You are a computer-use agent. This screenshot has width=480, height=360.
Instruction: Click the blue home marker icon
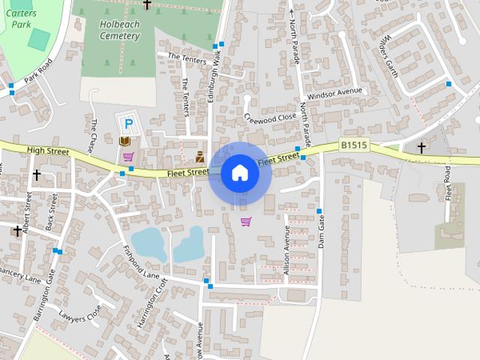coord(239,173)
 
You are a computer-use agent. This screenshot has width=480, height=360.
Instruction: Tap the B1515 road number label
coord(353,145)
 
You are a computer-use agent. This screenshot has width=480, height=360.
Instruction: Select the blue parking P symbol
coord(128,124)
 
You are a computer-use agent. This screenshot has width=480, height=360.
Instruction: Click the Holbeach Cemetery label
coord(119,30)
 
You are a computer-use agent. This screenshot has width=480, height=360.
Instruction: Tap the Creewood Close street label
coord(271,118)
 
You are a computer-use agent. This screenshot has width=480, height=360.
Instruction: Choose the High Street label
coord(47,151)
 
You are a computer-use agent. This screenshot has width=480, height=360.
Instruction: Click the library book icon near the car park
coord(125,141)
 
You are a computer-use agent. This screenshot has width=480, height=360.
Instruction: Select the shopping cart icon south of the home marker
coord(246,221)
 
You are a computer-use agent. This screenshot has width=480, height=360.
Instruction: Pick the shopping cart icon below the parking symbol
coord(128,157)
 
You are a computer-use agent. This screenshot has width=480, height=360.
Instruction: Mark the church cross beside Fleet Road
coord(421,147)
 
